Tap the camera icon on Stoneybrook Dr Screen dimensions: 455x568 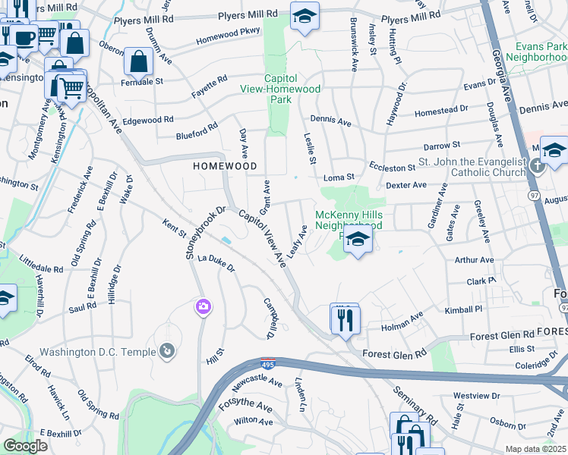click(x=203, y=306)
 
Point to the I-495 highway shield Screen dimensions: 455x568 click(x=267, y=365)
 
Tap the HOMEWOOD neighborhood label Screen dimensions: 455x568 click(x=224, y=165)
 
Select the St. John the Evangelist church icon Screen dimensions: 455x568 click(x=538, y=165)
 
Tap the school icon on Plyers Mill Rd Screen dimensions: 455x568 click(x=305, y=17)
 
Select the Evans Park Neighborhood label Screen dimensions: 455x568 click(x=536, y=52)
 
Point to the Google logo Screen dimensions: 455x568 click(x=25, y=446)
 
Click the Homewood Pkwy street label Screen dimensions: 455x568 click(x=228, y=36)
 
